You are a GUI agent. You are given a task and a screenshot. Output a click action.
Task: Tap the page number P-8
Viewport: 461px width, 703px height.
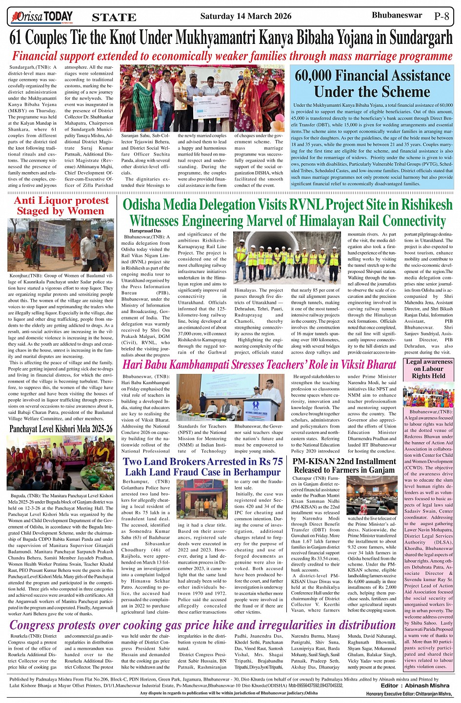(x=441, y=16)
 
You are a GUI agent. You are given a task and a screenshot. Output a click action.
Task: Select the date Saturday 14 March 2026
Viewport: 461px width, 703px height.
(x=245, y=16)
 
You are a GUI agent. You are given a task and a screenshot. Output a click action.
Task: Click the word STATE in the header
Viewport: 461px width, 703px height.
(x=114, y=18)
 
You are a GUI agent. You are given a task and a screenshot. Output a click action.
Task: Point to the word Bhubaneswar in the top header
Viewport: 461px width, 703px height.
(x=397, y=15)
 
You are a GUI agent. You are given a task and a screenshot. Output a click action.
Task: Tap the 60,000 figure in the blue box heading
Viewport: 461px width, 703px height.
(x=314, y=76)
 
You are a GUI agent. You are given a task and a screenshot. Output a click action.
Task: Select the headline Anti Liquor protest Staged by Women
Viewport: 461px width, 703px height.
(x=61, y=206)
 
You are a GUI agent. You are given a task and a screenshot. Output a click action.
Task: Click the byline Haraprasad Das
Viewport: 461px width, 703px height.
(x=145, y=230)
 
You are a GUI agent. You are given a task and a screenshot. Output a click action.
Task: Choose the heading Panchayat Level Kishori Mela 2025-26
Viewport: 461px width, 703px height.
(x=61, y=429)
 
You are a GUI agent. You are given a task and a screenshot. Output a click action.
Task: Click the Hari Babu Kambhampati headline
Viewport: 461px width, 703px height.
(x=259, y=365)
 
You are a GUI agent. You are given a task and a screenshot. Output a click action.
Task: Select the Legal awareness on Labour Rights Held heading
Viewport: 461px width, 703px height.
(x=429, y=369)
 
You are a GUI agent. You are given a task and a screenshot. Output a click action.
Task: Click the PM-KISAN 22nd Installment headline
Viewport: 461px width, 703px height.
(x=344, y=466)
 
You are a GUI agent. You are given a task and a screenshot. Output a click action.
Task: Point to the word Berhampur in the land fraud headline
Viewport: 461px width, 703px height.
(x=257, y=472)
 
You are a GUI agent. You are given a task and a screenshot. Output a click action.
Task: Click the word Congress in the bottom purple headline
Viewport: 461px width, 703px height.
(x=35, y=625)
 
